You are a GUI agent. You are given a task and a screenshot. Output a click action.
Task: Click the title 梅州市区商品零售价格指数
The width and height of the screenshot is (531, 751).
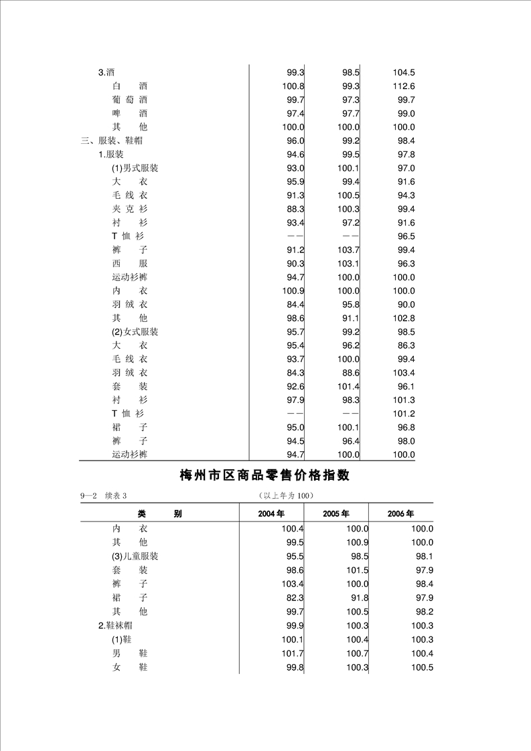[265, 476]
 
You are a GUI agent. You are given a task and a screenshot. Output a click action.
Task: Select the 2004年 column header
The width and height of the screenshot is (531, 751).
[271, 514]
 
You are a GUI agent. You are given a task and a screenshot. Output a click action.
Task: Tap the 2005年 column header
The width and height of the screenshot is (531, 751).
[335, 514]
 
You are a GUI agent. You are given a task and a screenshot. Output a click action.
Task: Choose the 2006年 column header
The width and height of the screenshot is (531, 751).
[400, 514]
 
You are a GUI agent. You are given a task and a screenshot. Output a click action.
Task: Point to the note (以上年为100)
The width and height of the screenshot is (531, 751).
[286, 496]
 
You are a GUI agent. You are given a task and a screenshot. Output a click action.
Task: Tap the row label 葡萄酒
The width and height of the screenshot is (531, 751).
[130, 100]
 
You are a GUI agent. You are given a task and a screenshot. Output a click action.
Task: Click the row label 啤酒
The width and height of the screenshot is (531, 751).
[130, 114]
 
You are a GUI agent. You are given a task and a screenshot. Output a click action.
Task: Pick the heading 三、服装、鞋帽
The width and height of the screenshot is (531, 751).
[111, 141]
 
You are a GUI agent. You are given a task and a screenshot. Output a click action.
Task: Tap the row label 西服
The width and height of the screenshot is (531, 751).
[130, 264]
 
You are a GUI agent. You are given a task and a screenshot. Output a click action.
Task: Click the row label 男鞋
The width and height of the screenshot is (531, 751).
[130, 653]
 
